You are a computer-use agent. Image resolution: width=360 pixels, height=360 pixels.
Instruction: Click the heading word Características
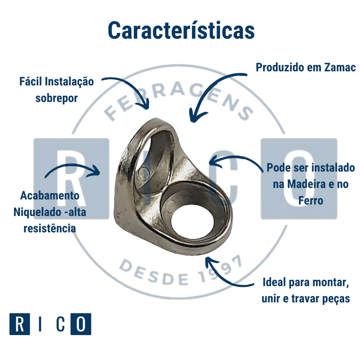pyautogui.click(x=181, y=30)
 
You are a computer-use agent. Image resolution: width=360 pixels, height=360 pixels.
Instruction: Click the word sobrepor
pyautogui.click(x=56, y=98)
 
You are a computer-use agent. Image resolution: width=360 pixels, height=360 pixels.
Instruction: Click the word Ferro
pyautogui.click(x=311, y=200)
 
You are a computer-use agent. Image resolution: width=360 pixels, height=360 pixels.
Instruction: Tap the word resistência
pyautogui.click(x=50, y=229)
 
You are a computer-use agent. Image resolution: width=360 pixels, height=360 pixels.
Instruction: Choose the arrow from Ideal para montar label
pyautogui.click(x=225, y=274)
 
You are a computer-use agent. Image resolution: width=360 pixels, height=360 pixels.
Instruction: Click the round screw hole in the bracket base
pyautogui.click(x=193, y=221)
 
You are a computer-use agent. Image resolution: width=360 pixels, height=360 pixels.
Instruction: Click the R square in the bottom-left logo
pyautogui.click(x=20, y=324)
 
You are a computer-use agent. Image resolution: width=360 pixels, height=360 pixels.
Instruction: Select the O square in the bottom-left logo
pyautogui.click(x=81, y=324)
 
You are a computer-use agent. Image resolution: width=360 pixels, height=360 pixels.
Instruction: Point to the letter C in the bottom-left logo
pyautogui.click(x=60, y=324)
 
